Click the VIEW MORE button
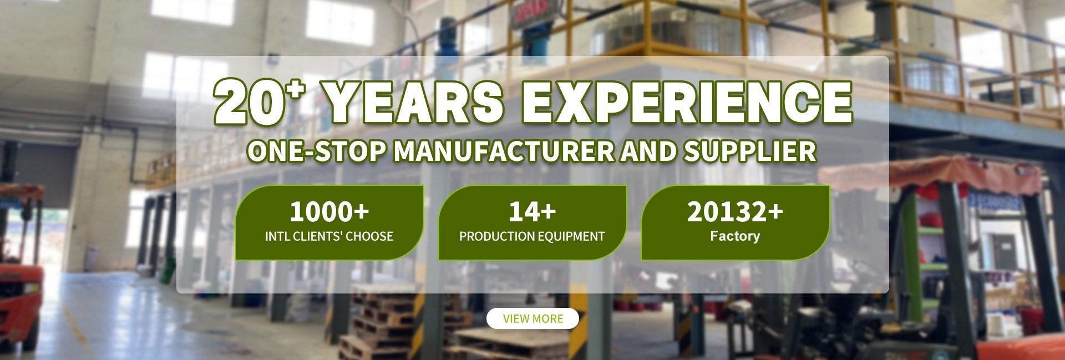click(532, 318)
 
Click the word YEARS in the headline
click(413, 103)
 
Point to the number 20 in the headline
click(248, 103)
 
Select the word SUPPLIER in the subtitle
click(749, 151)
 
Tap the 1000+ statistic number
click(329, 211)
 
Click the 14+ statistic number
click(532, 211)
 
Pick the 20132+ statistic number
click(735, 211)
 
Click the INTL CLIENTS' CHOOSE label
click(329, 236)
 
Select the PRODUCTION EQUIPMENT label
click(532, 236)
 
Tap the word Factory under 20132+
click(735, 236)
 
